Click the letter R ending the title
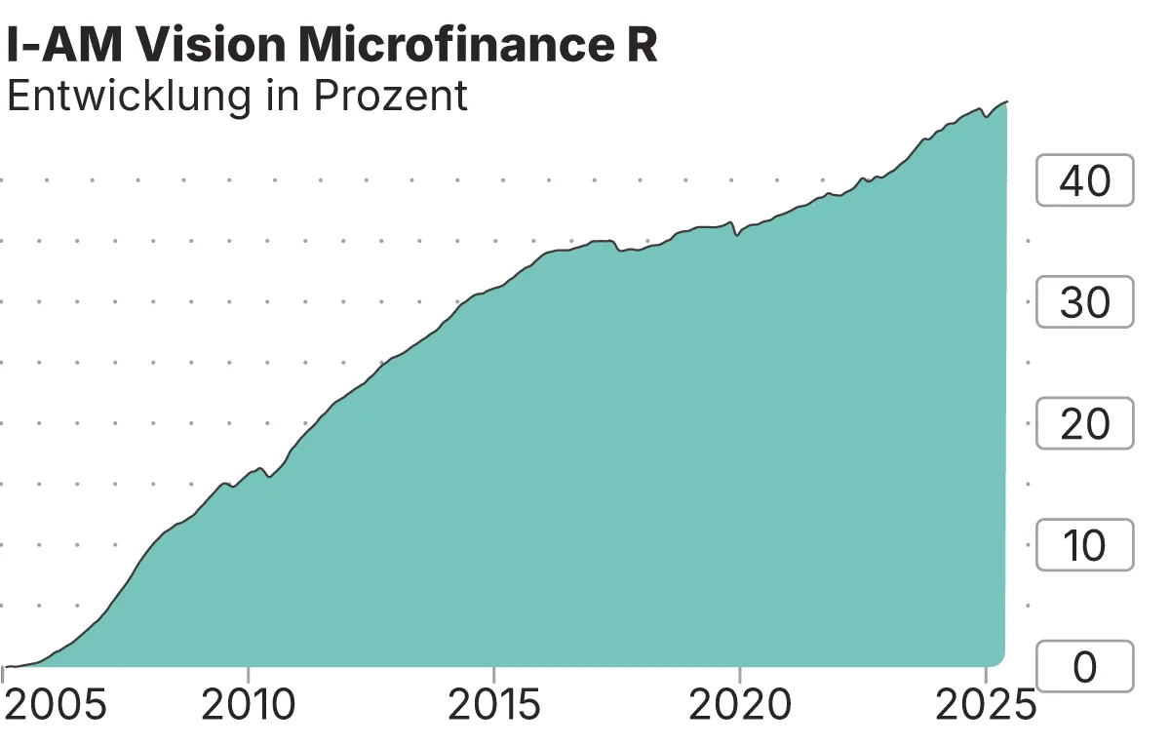(641, 46)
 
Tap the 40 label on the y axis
(1084, 180)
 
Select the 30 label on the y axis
(1084, 302)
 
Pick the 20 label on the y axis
(1084, 424)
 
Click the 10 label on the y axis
(1084, 545)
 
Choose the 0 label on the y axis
(1084, 667)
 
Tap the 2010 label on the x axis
(249, 705)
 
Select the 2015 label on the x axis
(494, 705)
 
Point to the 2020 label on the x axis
(739, 705)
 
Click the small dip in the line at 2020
(737, 235)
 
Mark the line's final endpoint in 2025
(1007, 101)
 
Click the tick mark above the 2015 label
(494, 674)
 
